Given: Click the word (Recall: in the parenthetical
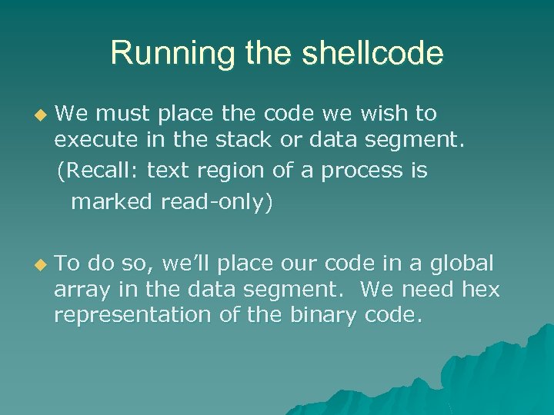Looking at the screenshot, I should [x=98, y=171].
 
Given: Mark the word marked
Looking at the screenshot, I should [x=112, y=203].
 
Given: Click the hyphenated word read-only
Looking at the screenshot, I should [x=217, y=203].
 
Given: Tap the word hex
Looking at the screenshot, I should [x=481, y=290].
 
